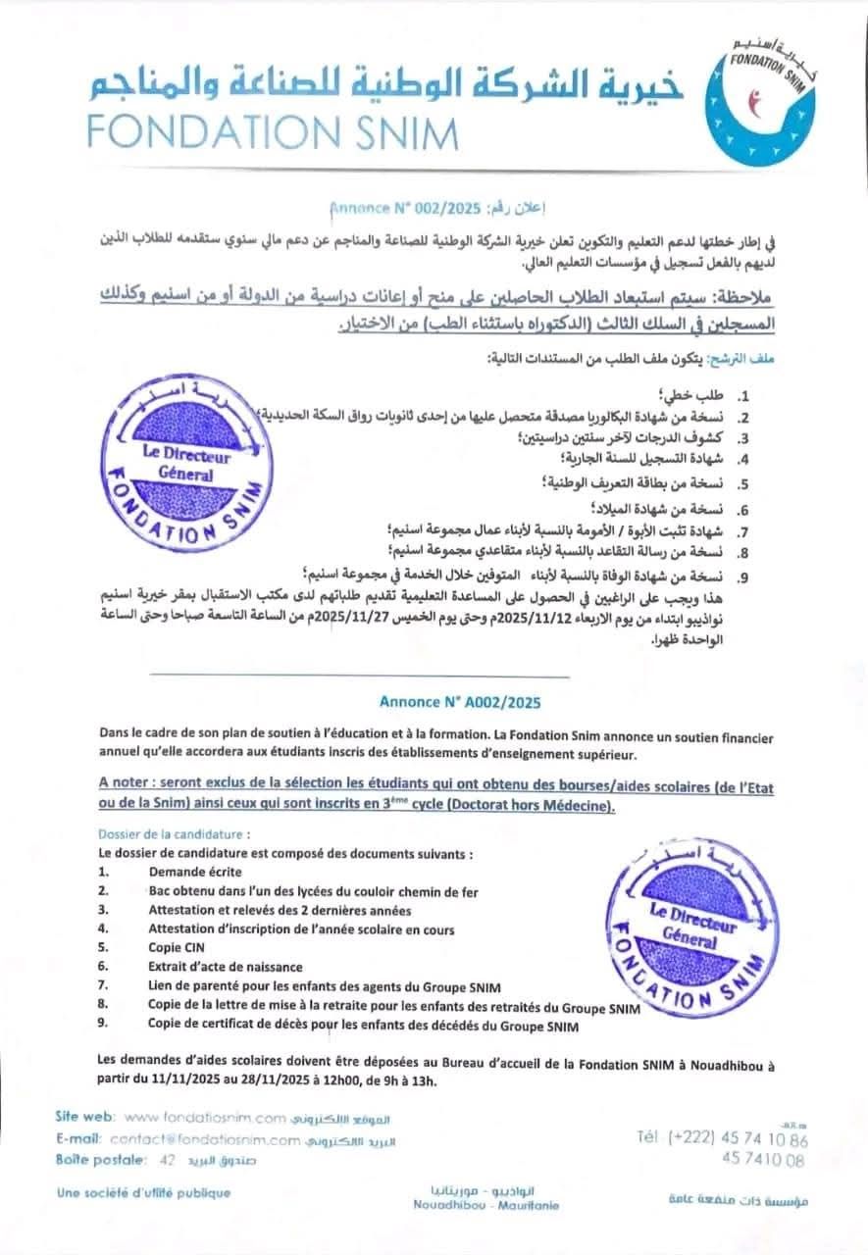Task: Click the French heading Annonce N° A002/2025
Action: (x=459, y=702)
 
